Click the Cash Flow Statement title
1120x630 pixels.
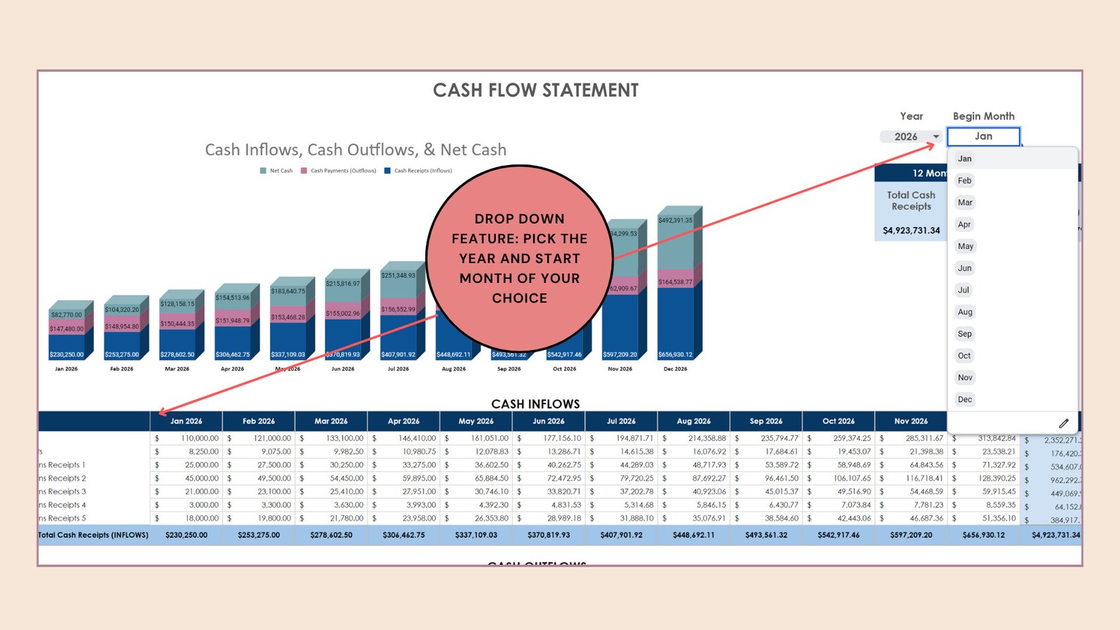[x=535, y=90]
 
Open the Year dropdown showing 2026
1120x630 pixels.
[x=911, y=137]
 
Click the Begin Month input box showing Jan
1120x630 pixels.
[x=983, y=136]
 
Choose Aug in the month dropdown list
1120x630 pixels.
[x=965, y=312]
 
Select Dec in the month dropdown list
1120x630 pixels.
[x=965, y=399]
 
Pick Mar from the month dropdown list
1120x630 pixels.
[x=965, y=202]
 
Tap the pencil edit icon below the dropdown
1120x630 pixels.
[x=1064, y=423]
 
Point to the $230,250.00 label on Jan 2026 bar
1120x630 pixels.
[x=66, y=355]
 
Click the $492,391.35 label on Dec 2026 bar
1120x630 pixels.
[x=675, y=220]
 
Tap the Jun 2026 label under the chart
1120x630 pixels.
[x=343, y=369]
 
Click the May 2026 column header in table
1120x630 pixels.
[x=476, y=421]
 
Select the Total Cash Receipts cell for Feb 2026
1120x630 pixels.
[x=259, y=535]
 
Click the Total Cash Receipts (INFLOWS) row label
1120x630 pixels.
[x=93, y=535]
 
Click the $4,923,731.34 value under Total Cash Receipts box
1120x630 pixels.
[x=911, y=231]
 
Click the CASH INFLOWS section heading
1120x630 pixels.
[x=535, y=404]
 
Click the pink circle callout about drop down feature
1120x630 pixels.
[x=520, y=258]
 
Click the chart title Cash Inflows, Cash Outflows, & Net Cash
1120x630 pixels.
[x=355, y=150]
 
